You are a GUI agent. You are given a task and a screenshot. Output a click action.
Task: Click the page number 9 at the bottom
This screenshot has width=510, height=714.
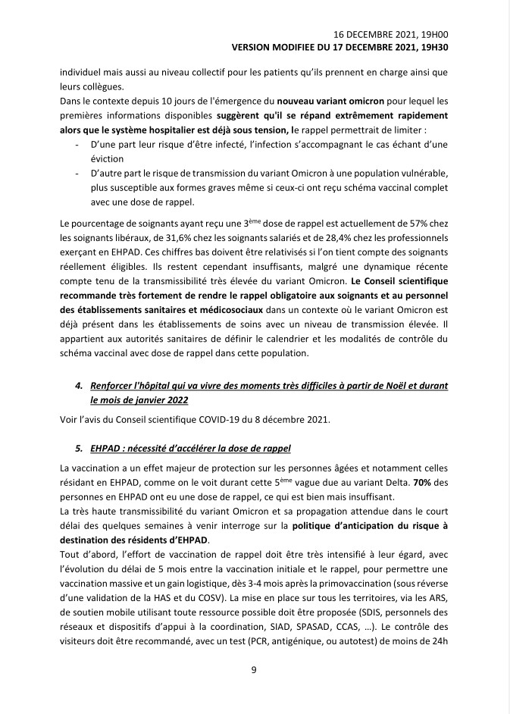click(255, 669)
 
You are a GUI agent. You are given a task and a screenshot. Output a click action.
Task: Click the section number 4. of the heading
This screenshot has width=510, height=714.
click(80, 385)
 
